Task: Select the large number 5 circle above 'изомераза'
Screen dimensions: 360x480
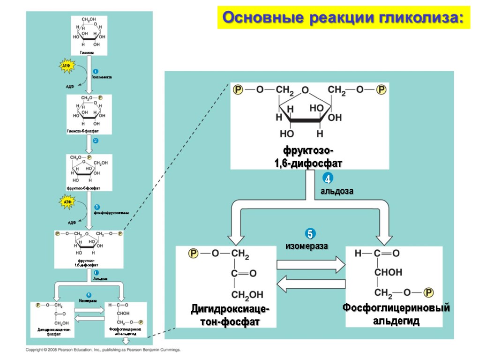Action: [x=309, y=233]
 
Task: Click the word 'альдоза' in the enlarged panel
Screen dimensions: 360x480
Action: [x=337, y=191]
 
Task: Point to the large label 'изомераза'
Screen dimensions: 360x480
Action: [x=307, y=246]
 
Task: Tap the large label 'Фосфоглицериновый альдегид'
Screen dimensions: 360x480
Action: [x=396, y=314]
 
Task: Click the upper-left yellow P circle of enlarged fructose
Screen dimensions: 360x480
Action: [x=238, y=89]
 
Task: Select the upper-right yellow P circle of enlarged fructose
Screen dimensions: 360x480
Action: [x=381, y=89]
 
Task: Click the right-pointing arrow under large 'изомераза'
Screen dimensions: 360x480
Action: [x=311, y=265]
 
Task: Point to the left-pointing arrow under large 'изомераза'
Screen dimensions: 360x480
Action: [x=311, y=284]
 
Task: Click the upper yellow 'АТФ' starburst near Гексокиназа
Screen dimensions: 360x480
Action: [x=67, y=66]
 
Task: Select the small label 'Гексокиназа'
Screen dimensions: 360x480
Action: [x=102, y=77]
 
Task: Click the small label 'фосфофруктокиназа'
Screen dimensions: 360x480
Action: [x=111, y=212]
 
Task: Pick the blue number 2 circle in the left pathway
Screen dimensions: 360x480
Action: [x=95, y=141]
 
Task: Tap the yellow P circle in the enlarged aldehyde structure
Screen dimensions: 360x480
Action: [x=428, y=292]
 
